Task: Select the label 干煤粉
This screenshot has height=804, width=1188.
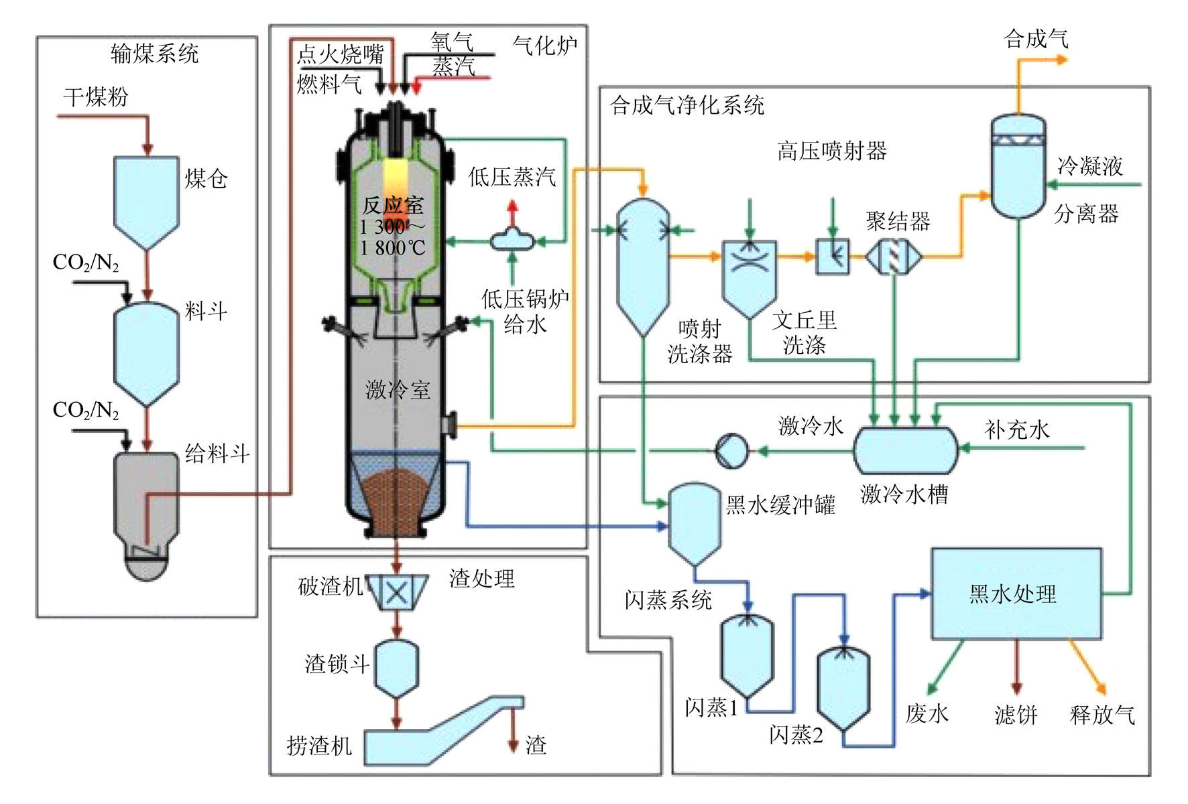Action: tap(96, 97)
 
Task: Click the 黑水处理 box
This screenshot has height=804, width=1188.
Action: tap(1016, 594)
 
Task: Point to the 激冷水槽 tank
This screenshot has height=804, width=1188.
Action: tap(905, 450)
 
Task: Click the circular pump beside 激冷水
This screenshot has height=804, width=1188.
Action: tap(731, 450)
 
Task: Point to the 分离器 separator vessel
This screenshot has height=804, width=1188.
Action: tap(1018, 167)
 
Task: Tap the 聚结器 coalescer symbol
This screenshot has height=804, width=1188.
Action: tap(894, 256)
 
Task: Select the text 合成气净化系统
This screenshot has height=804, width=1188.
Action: tap(687, 105)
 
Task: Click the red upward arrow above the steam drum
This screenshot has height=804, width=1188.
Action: tap(513, 209)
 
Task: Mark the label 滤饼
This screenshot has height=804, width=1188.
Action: tap(1016, 714)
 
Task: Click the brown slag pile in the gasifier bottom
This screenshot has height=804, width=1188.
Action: tap(396, 499)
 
